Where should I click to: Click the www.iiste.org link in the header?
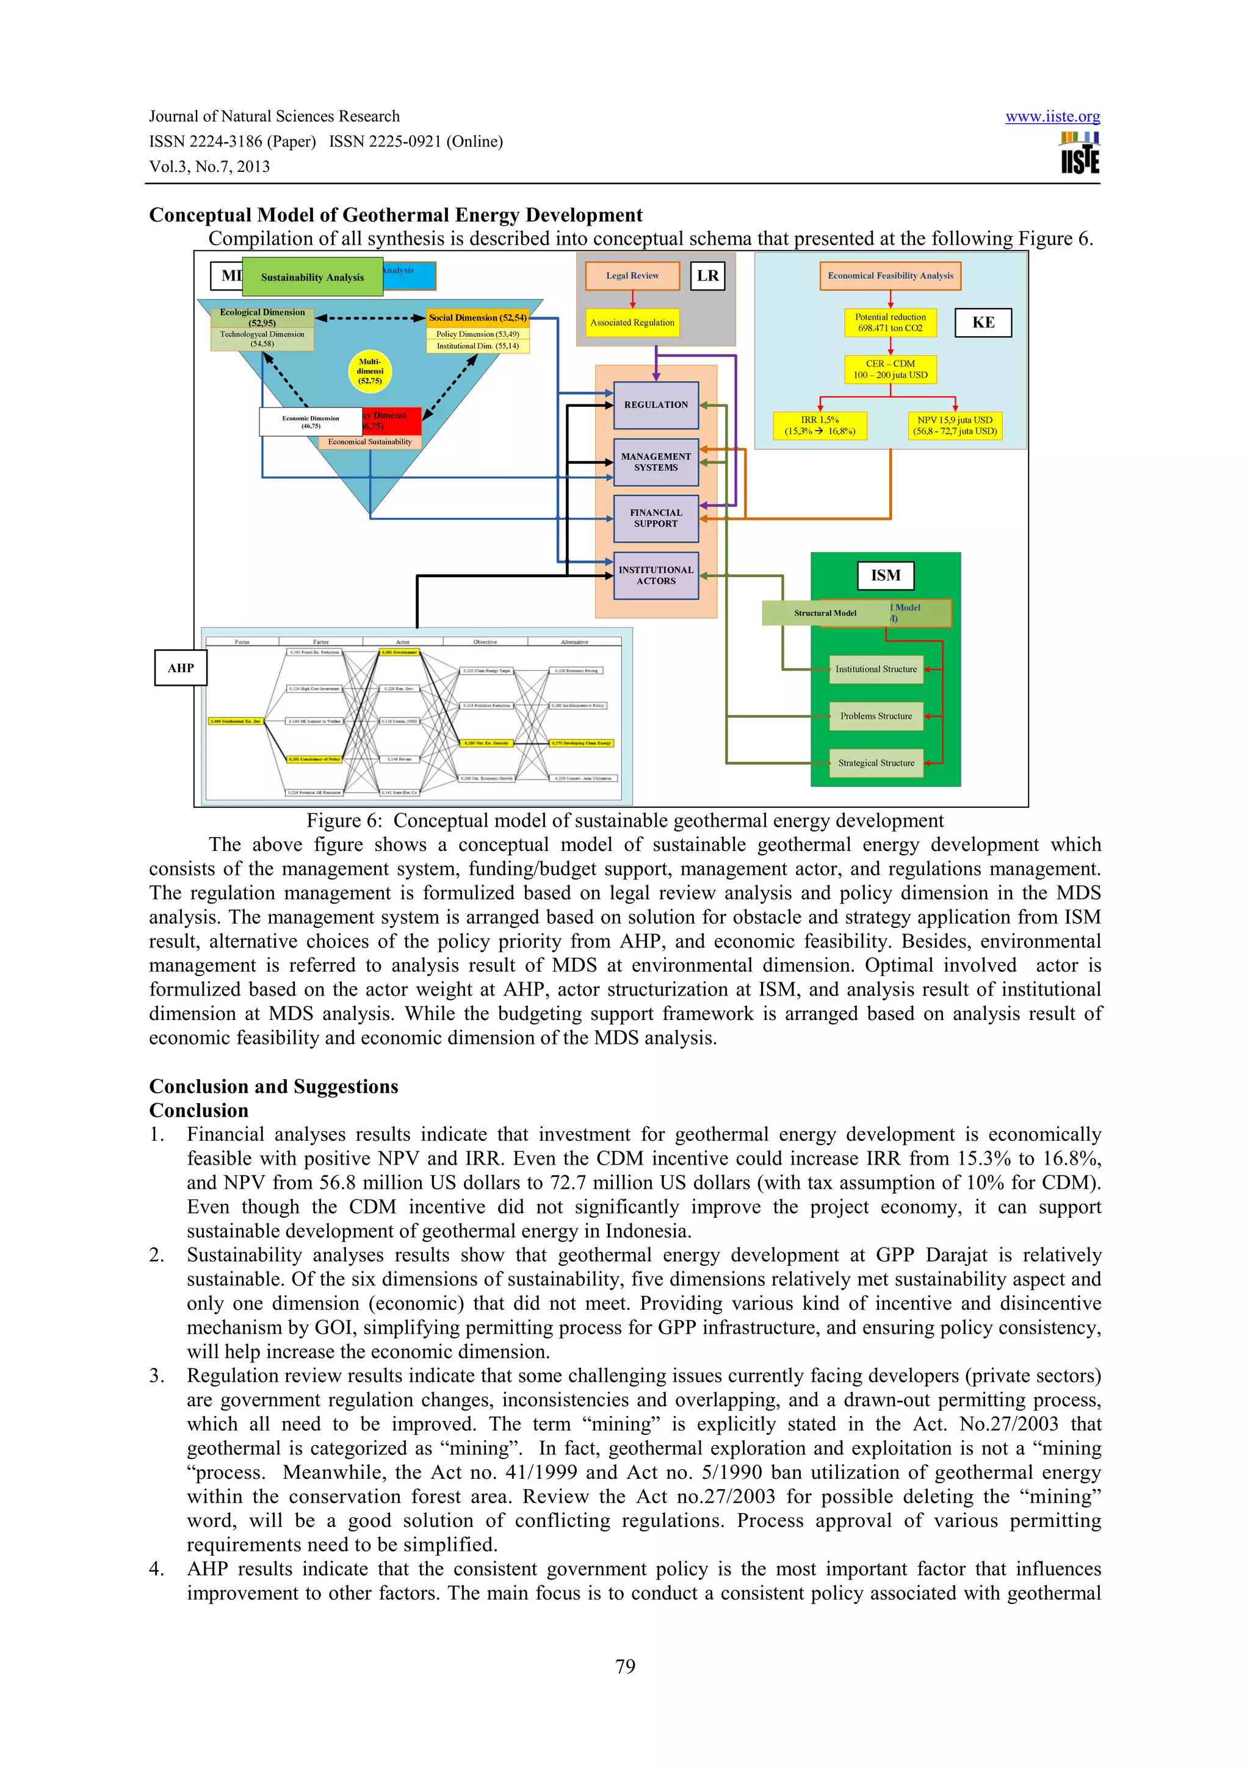[x=1052, y=117]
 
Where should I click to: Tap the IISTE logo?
[x=1080, y=153]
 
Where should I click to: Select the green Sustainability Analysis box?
[x=312, y=277]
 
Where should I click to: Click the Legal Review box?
[x=632, y=276]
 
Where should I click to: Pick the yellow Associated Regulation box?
[x=632, y=323]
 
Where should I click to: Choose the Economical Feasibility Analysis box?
[x=891, y=276]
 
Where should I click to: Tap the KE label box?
[x=983, y=323]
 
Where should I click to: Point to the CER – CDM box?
[x=891, y=370]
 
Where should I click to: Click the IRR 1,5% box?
[x=820, y=426]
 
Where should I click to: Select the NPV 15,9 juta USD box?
[x=955, y=426]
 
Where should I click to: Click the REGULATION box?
[x=656, y=405]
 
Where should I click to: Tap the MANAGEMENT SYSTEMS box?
[x=656, y=462]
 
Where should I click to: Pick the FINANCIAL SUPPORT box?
[x=656, y=518]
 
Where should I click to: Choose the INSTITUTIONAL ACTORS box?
[x=656, y=575]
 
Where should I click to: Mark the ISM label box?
[x=886, y=575]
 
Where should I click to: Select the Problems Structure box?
[x=876, y=716]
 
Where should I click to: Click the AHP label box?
[x=181, y=667]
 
